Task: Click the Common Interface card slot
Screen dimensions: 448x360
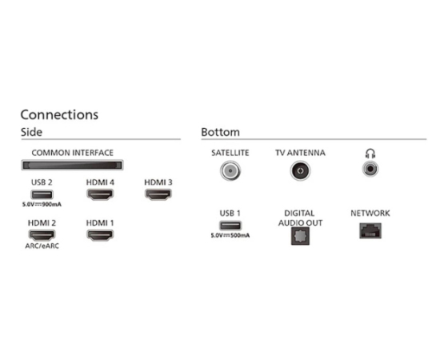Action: (72, 165)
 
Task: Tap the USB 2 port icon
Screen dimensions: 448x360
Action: (42, 194)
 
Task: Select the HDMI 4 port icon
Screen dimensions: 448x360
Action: (100, 194)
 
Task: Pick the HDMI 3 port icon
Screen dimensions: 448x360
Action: (158, 194)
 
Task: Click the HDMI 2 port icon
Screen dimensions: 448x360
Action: (42, 235)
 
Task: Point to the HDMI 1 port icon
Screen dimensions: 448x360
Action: (100, 235)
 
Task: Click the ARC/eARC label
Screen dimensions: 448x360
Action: (42, 246)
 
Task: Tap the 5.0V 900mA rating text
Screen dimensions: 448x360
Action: (42, 204)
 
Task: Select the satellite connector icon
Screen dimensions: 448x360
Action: (230, 170)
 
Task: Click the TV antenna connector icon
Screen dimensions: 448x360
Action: (300, 170)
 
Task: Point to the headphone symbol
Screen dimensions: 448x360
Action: (370, 154)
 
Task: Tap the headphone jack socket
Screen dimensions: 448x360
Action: (370, 169)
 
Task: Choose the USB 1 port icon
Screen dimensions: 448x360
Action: (230, 226)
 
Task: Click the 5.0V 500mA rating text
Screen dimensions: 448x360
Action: (230, 235)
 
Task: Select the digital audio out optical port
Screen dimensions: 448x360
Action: (300, 236)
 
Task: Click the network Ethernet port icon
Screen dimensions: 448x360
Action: (370, 230)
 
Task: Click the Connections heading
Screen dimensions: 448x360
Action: (59, 114)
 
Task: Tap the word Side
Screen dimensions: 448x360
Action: (31, 132)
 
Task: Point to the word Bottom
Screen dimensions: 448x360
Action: (220, 132)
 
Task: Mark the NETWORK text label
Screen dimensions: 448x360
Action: (370, 213)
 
